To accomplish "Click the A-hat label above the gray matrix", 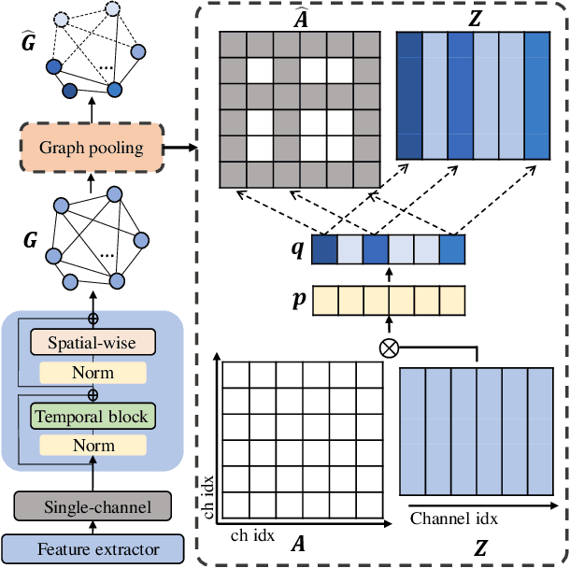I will pos(301,18).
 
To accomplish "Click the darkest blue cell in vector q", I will pos(324,249).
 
